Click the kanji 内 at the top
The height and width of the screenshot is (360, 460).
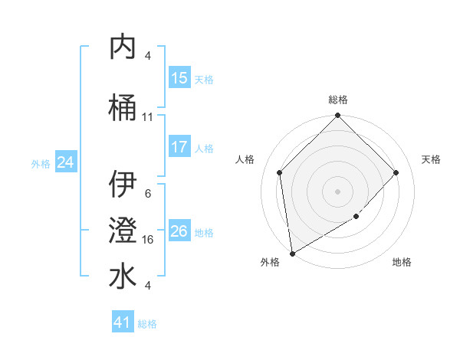pos(123,47)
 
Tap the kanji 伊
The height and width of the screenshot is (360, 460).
pos(123,184)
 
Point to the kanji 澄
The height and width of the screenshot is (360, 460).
pos(123,231)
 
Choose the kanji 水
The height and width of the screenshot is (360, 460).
pos(123,277)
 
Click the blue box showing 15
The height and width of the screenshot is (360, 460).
pos(179,78)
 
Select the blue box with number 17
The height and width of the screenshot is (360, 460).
pos(179,147)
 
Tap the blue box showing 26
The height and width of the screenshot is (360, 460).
pos(179,231)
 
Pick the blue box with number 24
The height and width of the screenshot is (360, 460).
pos(66,162)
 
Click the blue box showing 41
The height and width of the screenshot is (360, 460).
pos(123,322)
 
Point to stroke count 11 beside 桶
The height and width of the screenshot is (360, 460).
pos(148,117)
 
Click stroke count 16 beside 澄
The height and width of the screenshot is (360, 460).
pos(148,239)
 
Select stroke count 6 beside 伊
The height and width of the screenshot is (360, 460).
pos(148,193)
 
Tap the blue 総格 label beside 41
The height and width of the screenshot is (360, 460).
pos(147,324)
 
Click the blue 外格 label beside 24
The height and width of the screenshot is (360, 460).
pos(41,163)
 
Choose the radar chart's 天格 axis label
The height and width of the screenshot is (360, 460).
pos(431,159)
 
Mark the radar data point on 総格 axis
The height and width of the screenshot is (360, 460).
pos(337,116)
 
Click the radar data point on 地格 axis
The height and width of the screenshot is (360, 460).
pos(356,217)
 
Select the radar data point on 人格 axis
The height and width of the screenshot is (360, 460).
pos(280,172)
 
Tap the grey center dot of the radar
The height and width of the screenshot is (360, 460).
pos(337,191)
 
